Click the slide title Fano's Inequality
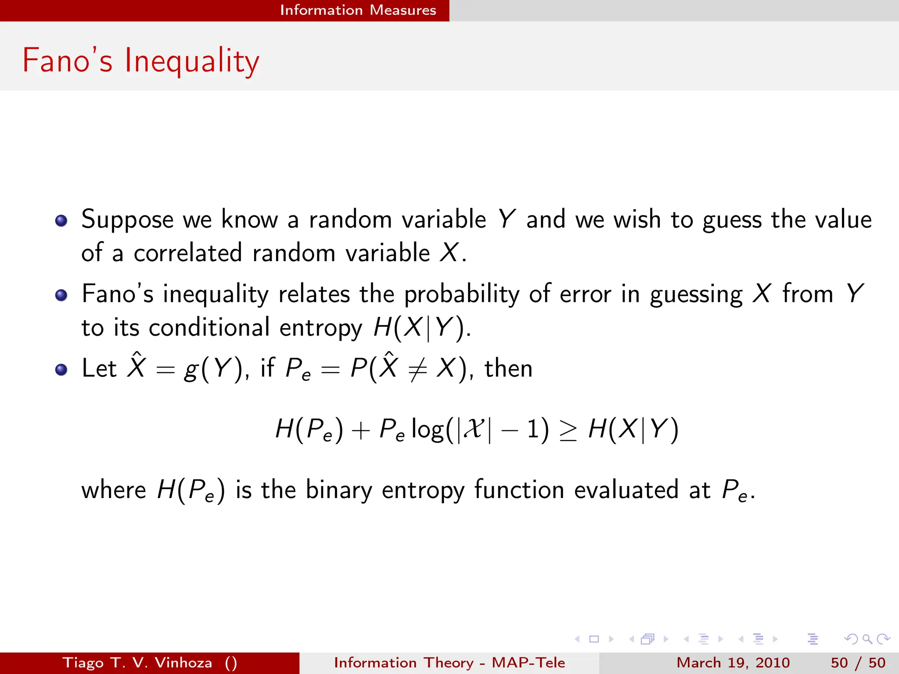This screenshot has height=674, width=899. point(140,61)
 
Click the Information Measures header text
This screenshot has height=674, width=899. point(358,10)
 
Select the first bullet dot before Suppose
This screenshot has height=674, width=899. point(61,220)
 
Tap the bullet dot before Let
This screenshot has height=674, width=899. point(61,369)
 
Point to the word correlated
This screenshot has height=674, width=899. point(187,253)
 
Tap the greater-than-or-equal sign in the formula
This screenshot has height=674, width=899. point(568,430)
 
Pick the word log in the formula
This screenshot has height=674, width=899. point(428,430)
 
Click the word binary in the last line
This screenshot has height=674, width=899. point(338,490)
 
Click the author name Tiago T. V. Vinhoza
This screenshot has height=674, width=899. point(137,663)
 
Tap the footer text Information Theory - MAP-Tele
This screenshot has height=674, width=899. point(449,663)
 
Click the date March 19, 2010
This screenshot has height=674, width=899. point(733,663)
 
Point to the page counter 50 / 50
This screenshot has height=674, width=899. point(858,663)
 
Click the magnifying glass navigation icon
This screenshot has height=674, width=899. point(867,639)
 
